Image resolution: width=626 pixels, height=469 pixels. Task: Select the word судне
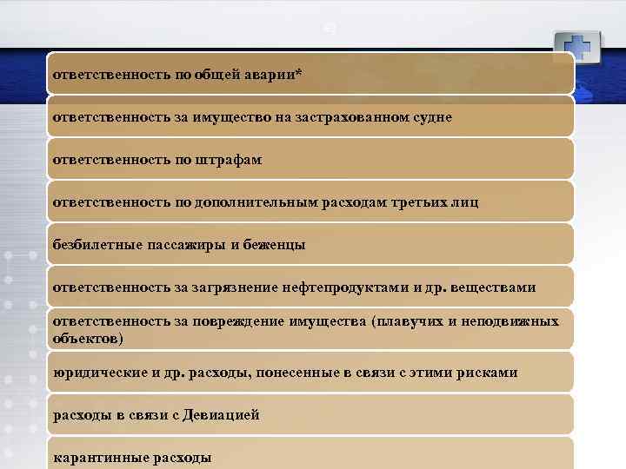(x=430, y=117)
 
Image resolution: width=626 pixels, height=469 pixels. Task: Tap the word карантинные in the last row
(x=97, y=458)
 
